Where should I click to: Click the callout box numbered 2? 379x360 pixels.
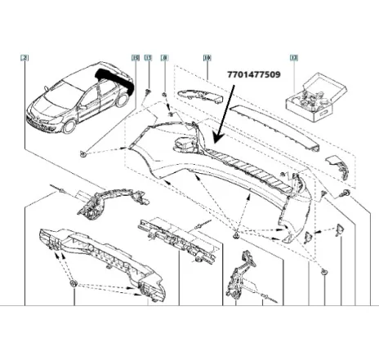tap(25, 59)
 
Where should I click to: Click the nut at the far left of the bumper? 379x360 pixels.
tap(85, 153)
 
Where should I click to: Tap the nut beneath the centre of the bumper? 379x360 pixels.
tap(236, 236)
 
